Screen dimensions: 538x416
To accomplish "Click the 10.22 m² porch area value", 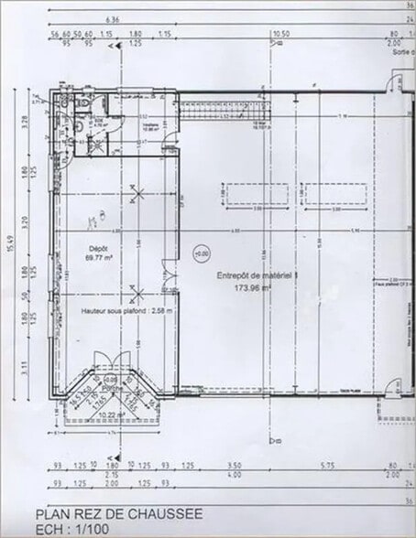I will coord(112,415).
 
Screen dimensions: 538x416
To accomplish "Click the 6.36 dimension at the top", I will coord(113,18).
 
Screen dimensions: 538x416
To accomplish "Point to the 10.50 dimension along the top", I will coord(280,36).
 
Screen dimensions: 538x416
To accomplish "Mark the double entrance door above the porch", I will coord(113,361).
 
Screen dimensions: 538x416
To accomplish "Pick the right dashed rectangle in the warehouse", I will coord(335,195).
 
